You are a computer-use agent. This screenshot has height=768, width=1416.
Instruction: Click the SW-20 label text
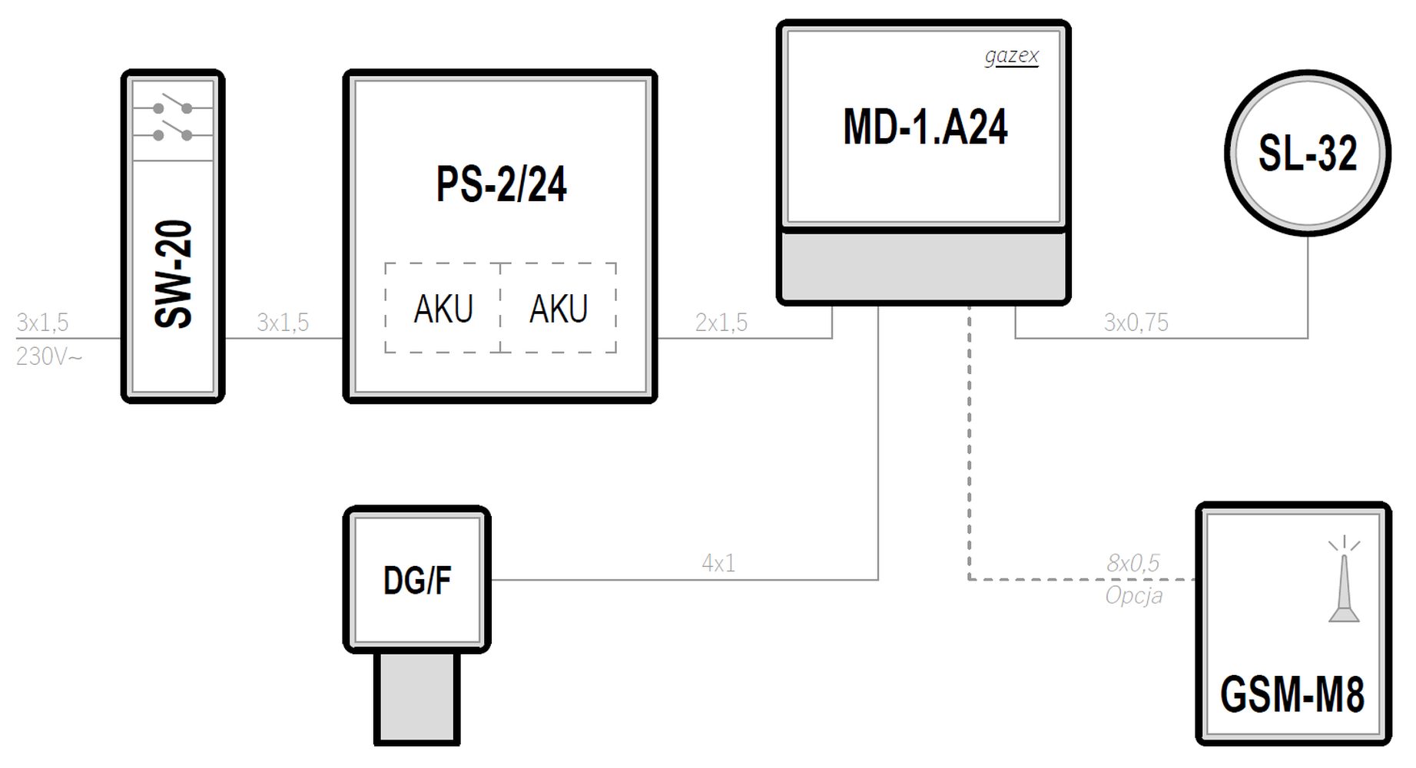[x=173, y=274]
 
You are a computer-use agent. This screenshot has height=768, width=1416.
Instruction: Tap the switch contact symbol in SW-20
[x=173, y=121]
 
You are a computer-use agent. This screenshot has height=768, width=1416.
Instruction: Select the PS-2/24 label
[x=501, y=184]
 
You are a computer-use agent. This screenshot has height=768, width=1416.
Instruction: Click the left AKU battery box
[x=443, y=309]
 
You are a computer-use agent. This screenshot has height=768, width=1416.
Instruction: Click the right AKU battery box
[x=559, y=309]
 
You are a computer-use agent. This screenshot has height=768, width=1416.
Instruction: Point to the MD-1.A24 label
[x=925, y=127]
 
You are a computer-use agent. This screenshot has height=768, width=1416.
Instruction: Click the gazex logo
[x=1011, y=56]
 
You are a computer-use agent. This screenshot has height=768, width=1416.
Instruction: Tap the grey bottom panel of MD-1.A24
[x=924, y=265]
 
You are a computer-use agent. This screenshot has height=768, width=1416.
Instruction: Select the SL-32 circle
[x=1307, y=153]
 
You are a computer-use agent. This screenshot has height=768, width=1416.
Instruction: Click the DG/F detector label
[x=417, y=581]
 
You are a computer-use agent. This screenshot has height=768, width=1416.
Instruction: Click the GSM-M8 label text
[x=1292, y=694]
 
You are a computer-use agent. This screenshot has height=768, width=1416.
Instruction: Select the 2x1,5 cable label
[x=721, y=323]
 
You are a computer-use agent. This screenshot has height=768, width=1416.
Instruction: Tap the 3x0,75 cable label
[x=1136, y=323]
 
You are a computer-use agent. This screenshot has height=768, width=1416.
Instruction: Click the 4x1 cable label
[x=718, y=564]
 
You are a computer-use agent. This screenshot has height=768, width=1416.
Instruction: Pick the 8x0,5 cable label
[x=1133, y=564]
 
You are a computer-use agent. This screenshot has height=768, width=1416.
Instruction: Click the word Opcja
[x=1133, y=596]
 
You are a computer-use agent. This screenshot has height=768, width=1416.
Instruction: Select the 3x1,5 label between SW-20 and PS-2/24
[x=283, y=323]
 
